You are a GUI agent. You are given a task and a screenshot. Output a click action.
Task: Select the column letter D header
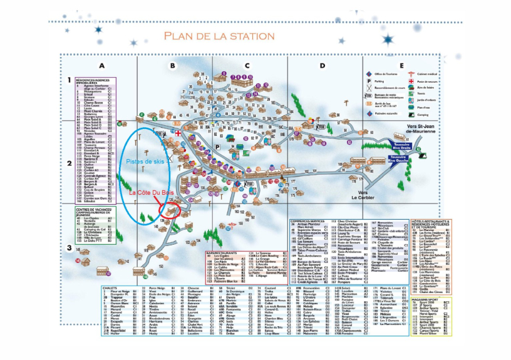[x=323, y=65]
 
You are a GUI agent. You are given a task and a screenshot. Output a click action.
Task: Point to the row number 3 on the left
[x=68, y=247]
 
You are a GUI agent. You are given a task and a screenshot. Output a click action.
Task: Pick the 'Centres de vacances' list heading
[x=95, y=209]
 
